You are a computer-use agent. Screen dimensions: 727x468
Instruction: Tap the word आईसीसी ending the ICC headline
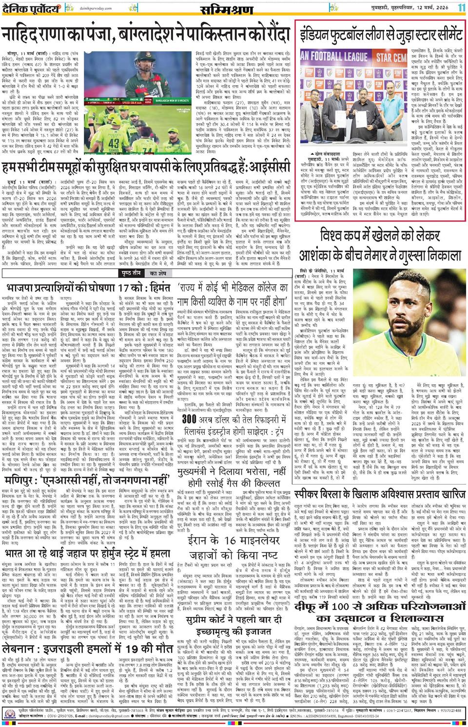tap(269, 154)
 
